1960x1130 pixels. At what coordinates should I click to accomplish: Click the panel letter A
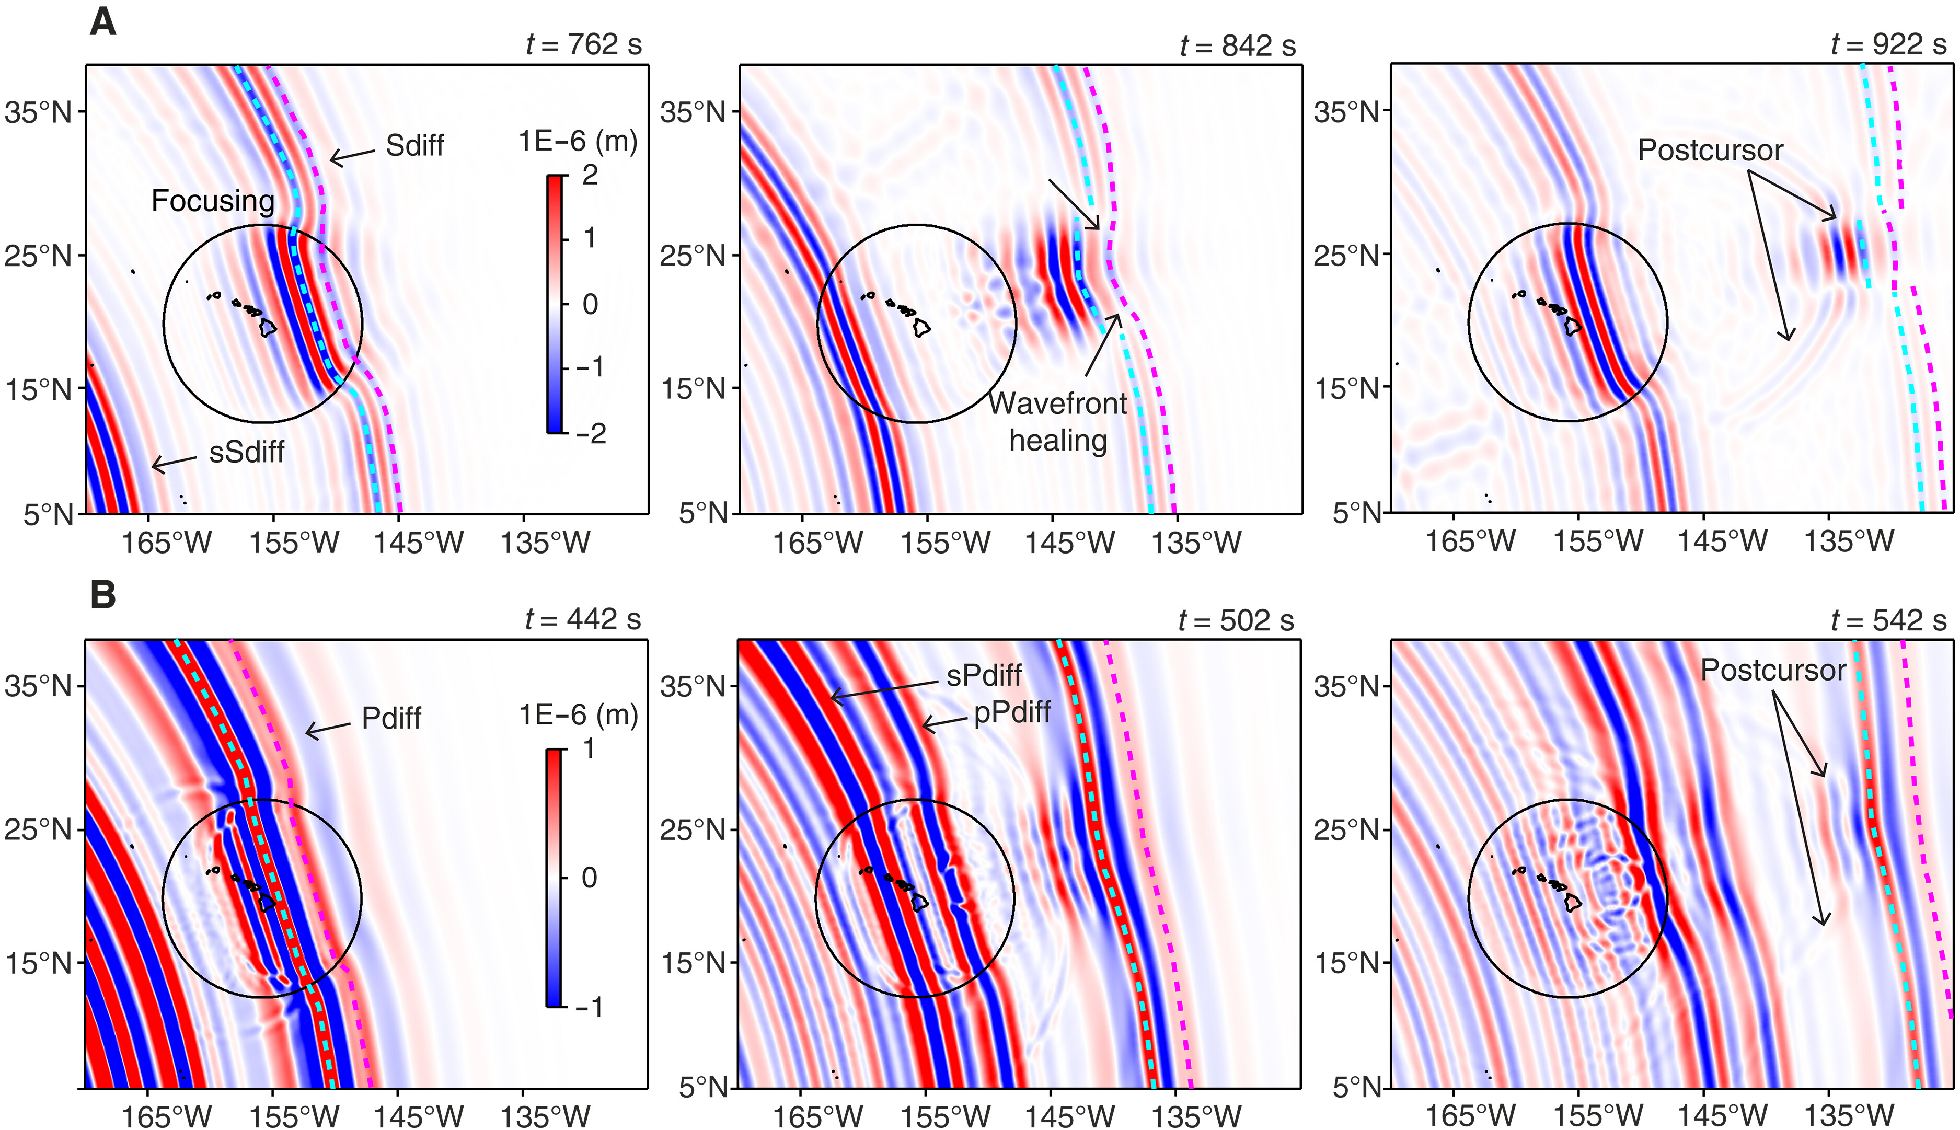[103, 22]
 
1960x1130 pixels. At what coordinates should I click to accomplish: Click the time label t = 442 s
[583, 619]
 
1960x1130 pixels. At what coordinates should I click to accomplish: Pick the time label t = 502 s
[1236, 620]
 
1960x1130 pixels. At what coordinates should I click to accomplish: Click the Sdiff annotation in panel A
[414, 146]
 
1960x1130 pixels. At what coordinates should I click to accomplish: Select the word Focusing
[213, 201]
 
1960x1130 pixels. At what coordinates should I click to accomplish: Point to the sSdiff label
[247, 452]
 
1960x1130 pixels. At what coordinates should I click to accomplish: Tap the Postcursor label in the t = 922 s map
[1710, 151]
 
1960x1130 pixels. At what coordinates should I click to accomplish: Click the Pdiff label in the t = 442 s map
[391, 719]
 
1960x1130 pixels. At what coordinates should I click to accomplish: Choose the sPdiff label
[984, 676]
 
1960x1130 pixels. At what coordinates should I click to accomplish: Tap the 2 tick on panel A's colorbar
[590, 176]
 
